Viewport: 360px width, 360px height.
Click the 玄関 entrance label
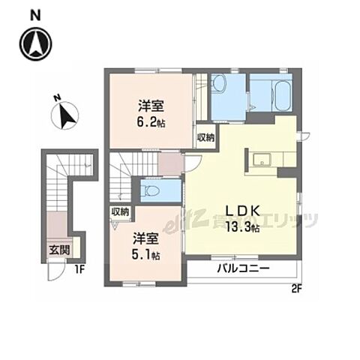[59, 250]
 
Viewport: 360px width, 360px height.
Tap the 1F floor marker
[80, 270]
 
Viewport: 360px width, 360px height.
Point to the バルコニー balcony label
[243, 268]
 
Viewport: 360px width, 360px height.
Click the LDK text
[243, 211]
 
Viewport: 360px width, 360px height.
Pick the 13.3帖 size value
[242, 227]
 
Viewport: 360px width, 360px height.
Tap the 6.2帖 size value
[151, 122]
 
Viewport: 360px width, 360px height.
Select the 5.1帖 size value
[146, 255]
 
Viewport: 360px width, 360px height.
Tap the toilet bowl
[150, 191]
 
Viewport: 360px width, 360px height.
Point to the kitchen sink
[262, 160]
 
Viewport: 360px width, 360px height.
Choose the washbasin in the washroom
[219, 82]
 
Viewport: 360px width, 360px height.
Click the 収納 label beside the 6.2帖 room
[206, 137]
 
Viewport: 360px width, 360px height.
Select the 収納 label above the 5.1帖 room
[120, 212]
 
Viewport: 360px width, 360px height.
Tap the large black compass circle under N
[36, 44]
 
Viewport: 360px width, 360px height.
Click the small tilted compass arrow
[65, 116]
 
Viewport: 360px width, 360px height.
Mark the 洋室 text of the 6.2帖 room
[151, 106]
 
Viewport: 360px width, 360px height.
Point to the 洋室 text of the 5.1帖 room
[146, 238]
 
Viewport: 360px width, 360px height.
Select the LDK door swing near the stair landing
[193, 163]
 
